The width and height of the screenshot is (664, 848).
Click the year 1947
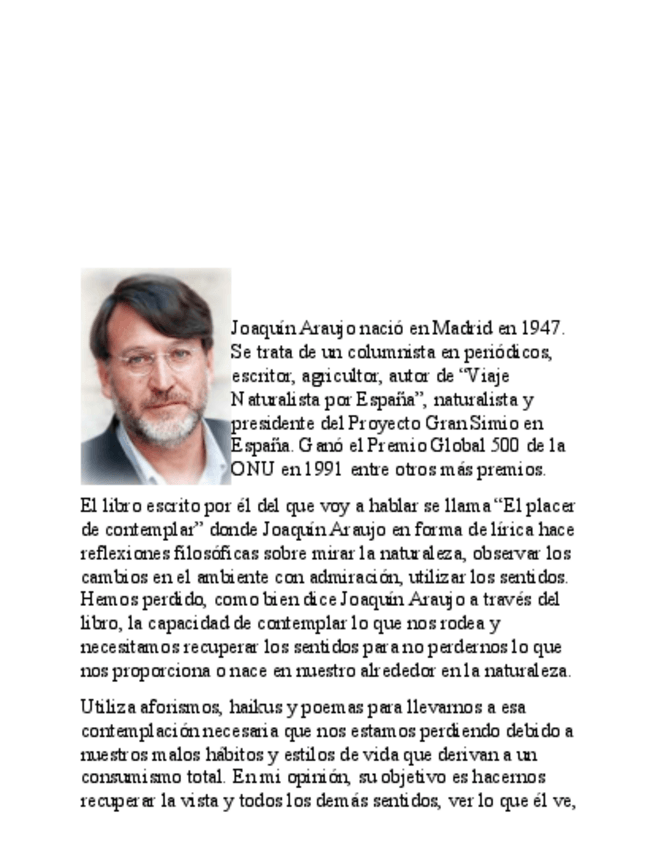coord(544,328)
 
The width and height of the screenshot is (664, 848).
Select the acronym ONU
coord(250,470)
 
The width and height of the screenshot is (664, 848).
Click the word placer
coord(552,506)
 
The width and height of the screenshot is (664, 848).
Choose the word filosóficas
coord(221,553)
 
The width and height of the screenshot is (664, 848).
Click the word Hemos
coord(105,600)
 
